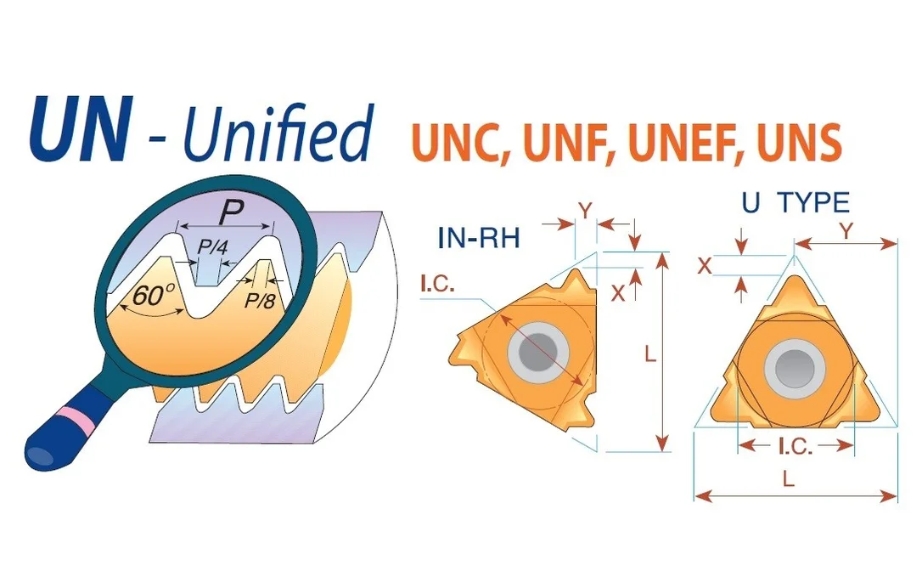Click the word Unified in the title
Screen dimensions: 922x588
[x=278, y=133]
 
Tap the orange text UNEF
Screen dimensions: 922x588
[x=683, y=142]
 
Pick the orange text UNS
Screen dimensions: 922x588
[x=799, y=142]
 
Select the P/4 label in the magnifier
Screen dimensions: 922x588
[x=211, y=246]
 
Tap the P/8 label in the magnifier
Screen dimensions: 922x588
[x=259, y=301]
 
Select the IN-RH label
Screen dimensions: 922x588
[x=479, y=238]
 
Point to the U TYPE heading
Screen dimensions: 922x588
[x=796, y=203]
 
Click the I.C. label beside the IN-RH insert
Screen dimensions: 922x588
[x=437, y=285]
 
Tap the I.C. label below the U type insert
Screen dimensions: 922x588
[x=796, y=447]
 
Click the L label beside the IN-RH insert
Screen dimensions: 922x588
[x=649, y=353]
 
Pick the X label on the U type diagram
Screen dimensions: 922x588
[x=704, y=266]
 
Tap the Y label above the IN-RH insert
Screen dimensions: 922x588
[x=585, y=210]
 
